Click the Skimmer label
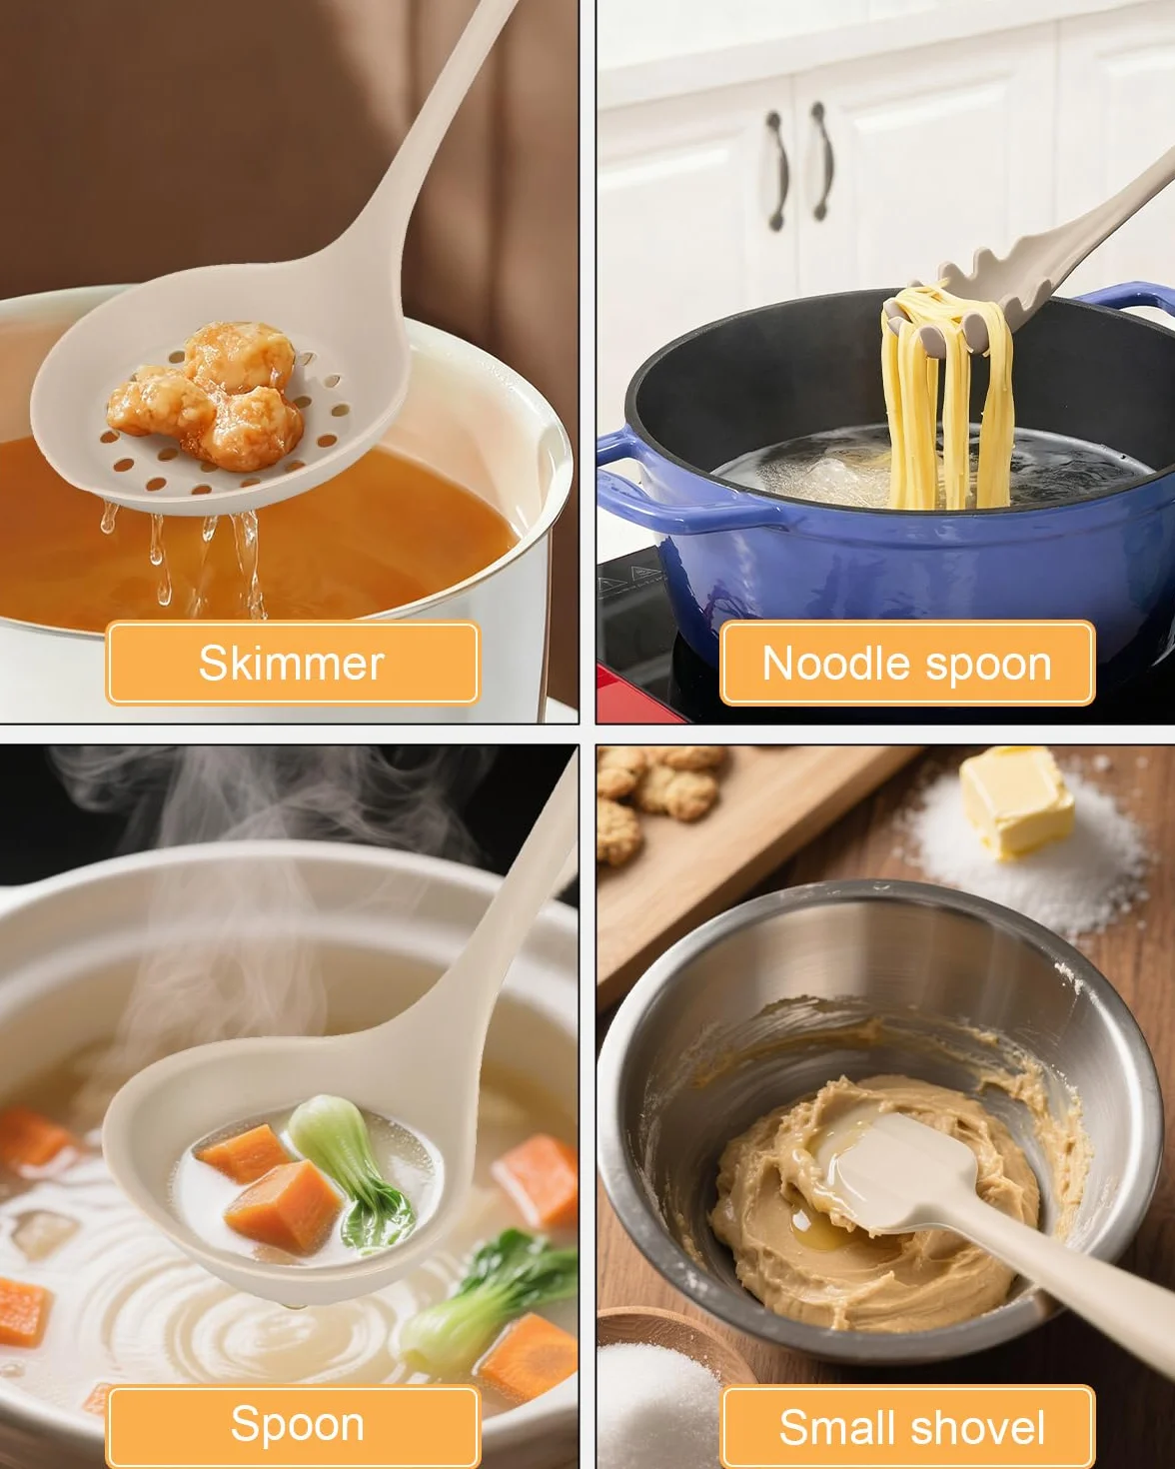pyautogui.click(x=293, y=663)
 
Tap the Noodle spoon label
pyautogui.click(x=907, y=663)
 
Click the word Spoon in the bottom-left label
pyautogui.click(x=298, y=1425)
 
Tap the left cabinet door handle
pyautogui.click(x=776, y=170)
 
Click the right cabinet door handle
pyautogui.click(x=821, y=161)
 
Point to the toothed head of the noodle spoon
pyautogui.click(x=969, y=301)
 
